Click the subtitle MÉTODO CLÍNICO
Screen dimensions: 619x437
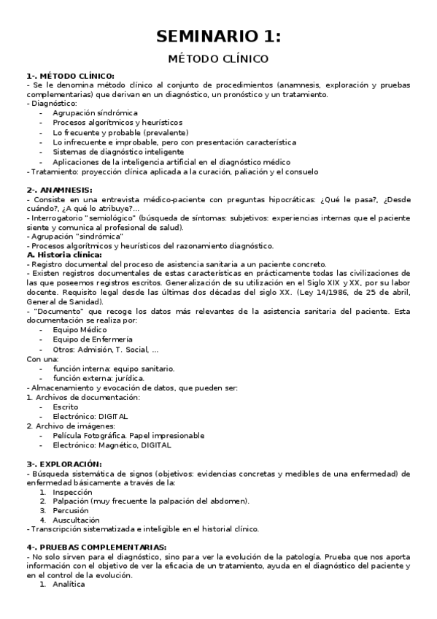(218, 58)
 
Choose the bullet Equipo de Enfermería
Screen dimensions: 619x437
(92, 339)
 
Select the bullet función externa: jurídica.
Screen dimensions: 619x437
(98, 378)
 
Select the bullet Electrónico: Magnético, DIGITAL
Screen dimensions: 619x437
(112, 445)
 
